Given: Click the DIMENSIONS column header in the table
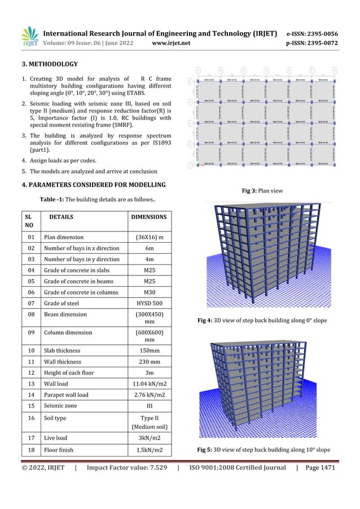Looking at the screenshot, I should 149,216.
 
